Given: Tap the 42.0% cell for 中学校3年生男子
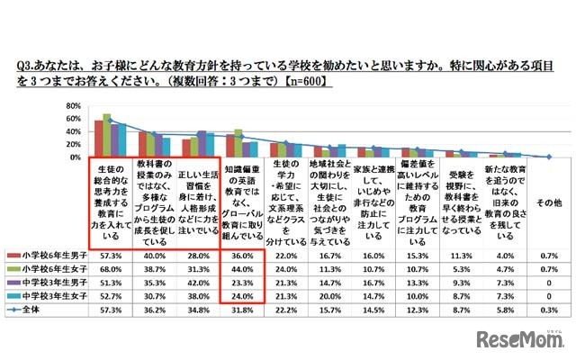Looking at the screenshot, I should pos(199,280).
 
